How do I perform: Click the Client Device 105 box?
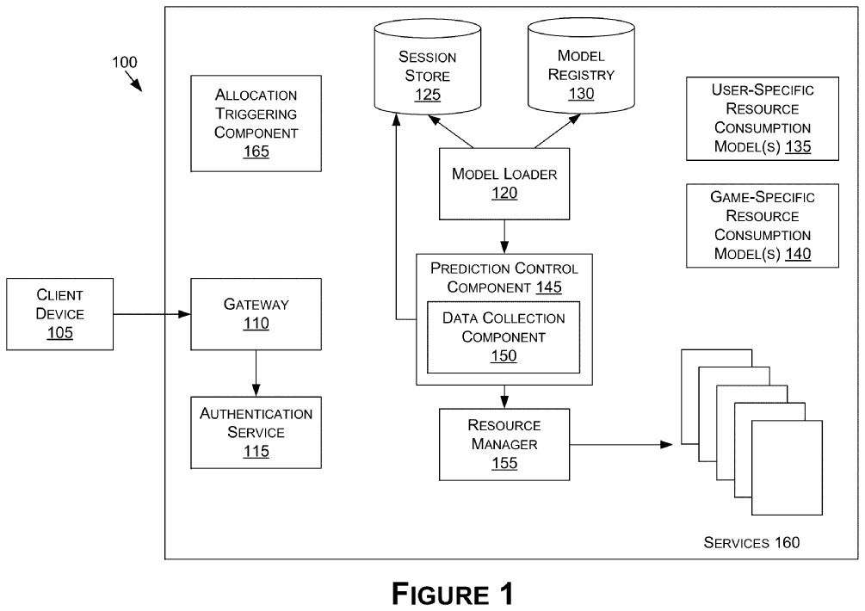tap(59, 314)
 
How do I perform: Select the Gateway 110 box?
tap(256, 314)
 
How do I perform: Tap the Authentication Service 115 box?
tap(256, 432)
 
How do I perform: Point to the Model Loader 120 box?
tap(504, 183)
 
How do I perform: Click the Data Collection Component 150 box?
tap(504, 336)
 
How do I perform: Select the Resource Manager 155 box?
tap(504, 444)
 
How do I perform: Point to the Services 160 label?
tap(751, 542)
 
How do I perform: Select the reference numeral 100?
tap(123, 62)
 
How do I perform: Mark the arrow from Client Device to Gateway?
tap(151, 314)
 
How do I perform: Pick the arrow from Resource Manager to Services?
tap(619, 445)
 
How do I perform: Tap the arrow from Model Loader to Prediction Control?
tap(504, 236)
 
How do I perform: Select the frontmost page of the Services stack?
tap(787, 468)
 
